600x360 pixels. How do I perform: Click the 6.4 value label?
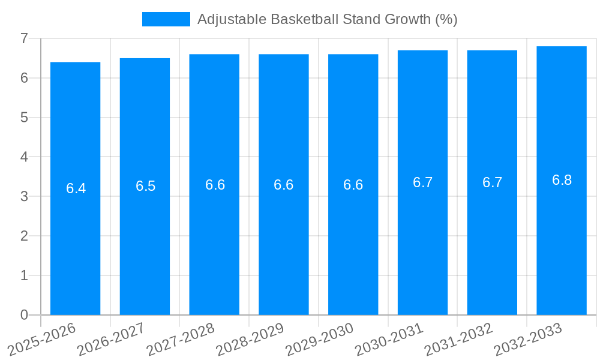click(76, 188)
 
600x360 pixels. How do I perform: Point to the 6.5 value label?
click(145, 186)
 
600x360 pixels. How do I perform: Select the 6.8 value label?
click(562, 180)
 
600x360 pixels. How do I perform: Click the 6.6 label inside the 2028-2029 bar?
click(283, 185)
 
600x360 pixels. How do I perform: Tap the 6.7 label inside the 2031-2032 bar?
click(492, 182)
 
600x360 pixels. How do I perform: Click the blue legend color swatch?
click(166, 19)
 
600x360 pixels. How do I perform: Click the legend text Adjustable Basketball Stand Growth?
click(327, 19)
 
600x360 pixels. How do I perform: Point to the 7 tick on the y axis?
click(24, 38)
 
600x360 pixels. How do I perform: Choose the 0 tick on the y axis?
click(24, 315)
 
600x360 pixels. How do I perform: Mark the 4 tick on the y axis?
click(24, 157)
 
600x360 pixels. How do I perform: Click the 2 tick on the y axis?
click(24, 236)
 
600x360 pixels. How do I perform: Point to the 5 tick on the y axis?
click(24, 118)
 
